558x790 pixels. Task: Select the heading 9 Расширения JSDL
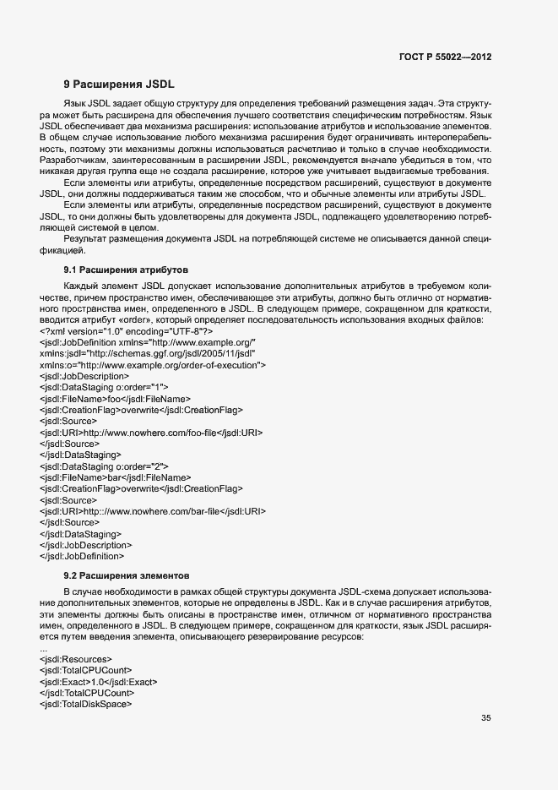(x=119, y=84)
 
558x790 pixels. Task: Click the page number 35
(x=485, y=718)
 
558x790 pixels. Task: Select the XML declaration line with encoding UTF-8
(x=127, y=331)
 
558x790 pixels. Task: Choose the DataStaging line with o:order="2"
(x=104, y=466)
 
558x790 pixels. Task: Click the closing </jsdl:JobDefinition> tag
(x=82, y=556)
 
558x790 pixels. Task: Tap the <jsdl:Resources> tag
(x=74, y=658)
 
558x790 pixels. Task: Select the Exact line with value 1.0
(x=98, y=681)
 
